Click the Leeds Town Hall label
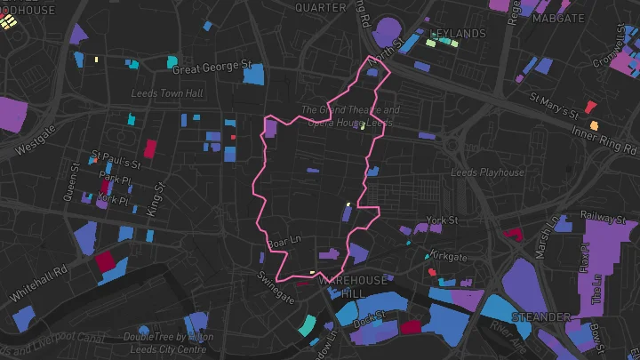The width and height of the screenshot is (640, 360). pyautogui.click(x=167, y=93)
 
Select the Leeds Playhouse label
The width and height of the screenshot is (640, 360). pyautogui.click(x=487, y=172)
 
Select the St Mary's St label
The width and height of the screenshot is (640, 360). pyautogui.click(x=554, y=104)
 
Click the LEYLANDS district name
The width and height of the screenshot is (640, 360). pyautogui.click(x=458, y=34)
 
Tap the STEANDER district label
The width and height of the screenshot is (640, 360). pyautogui.click(x=540, y=316)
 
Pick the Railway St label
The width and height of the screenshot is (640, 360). pyautogui.click(x=603, y=215)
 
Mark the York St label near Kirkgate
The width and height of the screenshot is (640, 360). pyautogui.click(x=441, y=220)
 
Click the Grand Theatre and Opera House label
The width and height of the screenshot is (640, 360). pyautogui.click(x=350, y=116)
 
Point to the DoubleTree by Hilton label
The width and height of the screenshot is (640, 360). pyautogui.click(x=168, y=342)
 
